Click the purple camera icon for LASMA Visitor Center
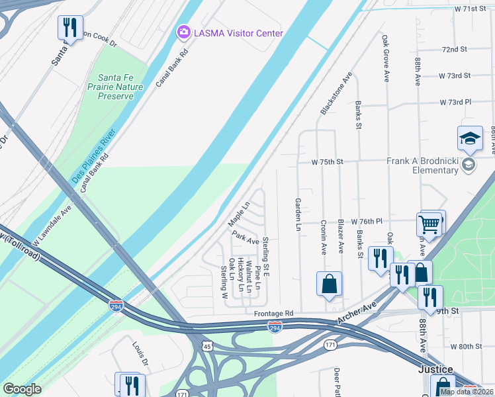[183, 32]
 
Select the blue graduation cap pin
[470, 138]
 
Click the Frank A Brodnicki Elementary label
[422, 165]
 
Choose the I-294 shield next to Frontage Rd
[275, 327]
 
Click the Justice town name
[435, 369]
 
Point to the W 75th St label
[328, 161]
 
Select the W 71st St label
[474, 9]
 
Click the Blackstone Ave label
[336, 94]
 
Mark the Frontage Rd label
[273, 313]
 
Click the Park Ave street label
[244, 236]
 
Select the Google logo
[22, 389]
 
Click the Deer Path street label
[337, 380]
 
